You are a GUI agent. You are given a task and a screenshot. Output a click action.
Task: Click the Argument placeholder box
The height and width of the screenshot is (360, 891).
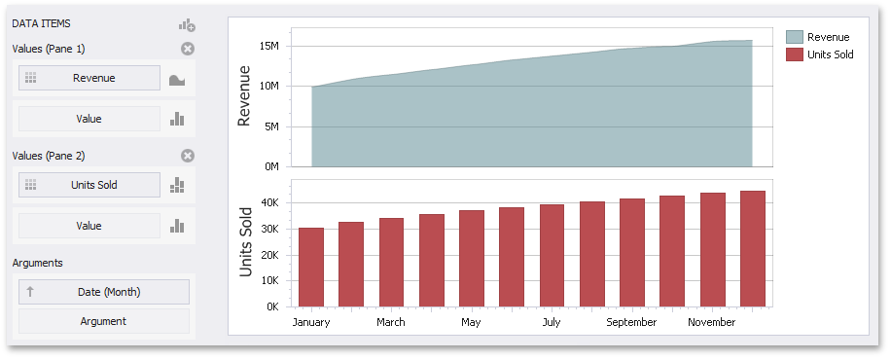[x=103, y=321]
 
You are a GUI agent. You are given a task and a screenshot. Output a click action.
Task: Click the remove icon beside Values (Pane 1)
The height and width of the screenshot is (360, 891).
[x=188, y=49]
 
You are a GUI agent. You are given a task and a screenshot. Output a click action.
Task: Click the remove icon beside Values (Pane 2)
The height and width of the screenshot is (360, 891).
[x=188, y=156]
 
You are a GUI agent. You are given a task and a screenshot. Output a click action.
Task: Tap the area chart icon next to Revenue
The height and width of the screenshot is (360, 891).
[x=177, y=80]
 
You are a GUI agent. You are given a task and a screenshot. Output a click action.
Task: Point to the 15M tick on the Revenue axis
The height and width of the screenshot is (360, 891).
[x=269, y=46]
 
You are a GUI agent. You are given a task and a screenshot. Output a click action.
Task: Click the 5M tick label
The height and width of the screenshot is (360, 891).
[x=272, y=126]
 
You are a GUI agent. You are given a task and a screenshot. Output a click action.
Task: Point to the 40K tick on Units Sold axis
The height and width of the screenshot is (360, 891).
[x=269, y=202]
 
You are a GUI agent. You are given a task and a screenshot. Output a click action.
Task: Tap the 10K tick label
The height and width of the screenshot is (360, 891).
[x=269, y=281]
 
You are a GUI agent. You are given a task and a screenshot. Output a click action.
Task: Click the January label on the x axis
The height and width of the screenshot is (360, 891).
[x=311, y=322]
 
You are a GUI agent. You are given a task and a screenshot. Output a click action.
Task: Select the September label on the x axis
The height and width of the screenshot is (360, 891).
[x=632, y=322]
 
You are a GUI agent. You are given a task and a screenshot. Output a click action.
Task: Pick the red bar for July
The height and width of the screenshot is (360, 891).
[x=552, y=256]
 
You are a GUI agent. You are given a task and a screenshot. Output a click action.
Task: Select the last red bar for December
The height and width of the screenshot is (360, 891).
[x=752, y=249]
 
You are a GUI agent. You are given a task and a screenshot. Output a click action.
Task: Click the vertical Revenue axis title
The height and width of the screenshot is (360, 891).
[x=245, y=96]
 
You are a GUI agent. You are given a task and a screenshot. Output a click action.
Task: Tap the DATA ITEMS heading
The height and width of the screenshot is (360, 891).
[x=41, y=22]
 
